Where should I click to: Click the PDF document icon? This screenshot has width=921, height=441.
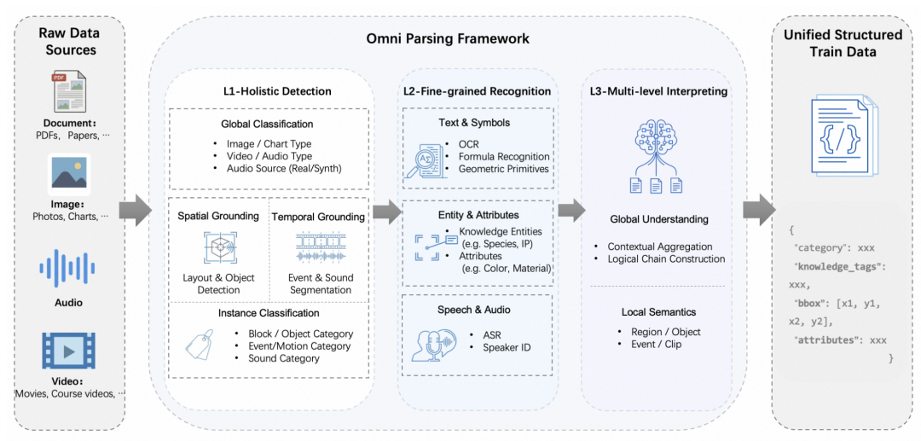(x=69, y=95)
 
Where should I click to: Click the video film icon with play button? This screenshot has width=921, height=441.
(x=69, y=350)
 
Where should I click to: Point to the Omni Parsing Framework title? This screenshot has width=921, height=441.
(x=447, y=38)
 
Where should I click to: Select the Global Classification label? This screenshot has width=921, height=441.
(x=267, y=124)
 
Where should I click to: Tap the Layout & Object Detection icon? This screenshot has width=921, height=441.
(x=219, y=247)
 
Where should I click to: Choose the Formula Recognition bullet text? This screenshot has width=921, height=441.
(x=504, y=156)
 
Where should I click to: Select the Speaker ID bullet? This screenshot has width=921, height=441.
(x=507, y=347)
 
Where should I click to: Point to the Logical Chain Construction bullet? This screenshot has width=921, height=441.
(x=666, y=258)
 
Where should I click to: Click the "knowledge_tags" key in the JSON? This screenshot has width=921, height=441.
(x=840, y=267)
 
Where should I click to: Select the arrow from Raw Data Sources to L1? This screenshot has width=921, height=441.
(x=134, y=210)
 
